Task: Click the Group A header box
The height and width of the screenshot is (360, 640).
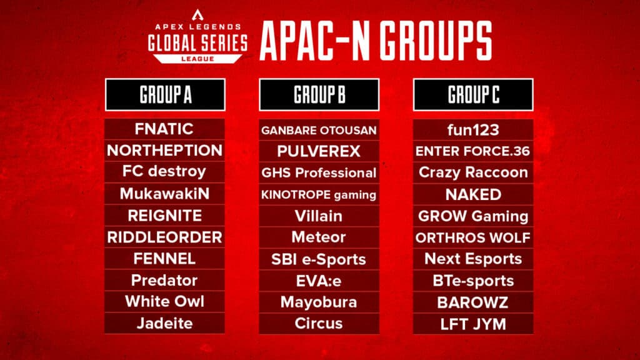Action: [x=165, y=95]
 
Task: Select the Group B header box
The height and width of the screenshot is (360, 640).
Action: [x=319, y=95]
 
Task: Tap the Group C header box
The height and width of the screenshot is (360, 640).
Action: [x=473, y=95]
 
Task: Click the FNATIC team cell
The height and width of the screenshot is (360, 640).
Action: [x=164, y=129]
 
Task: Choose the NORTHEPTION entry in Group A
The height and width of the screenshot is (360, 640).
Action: [x=164, y=151]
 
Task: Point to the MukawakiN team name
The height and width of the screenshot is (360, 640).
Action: [x=164, y=194]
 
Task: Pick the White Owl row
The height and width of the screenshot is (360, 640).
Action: [x=164, y=301]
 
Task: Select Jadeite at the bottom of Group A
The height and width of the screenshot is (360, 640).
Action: [x=164, y=323]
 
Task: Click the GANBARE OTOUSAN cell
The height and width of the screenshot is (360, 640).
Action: [x=319, y=130]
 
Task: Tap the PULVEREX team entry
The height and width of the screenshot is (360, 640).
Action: [x=319, y=151]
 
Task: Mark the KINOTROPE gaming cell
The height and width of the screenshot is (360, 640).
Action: [x=319, y=194]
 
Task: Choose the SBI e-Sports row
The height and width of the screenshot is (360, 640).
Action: [x=319, y=259]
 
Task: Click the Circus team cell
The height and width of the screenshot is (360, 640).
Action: [x=319, y=323]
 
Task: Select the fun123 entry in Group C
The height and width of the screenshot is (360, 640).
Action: [x=473, y=129]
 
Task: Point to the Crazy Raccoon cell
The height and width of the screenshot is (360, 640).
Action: [x=473, y=172]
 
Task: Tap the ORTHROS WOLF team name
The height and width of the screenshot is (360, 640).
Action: [x=473, y=237]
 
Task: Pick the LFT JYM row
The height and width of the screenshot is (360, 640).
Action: [x=473, y=324]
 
